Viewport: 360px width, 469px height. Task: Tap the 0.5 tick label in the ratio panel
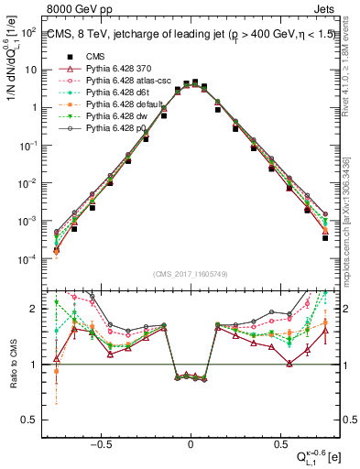(27, 420)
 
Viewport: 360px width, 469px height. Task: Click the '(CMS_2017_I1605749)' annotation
(191, 274)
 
